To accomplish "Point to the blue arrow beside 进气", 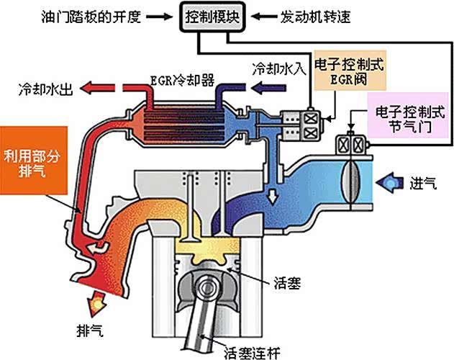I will point(392,181).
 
